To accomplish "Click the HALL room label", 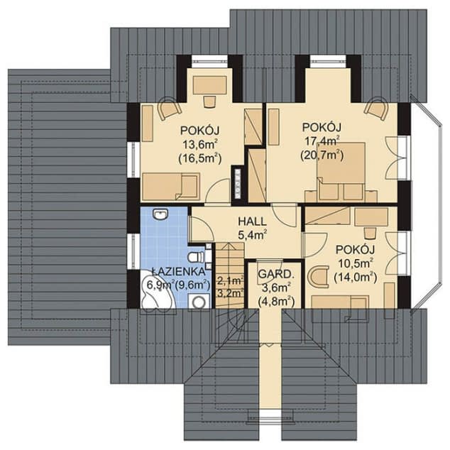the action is tap(252, 221).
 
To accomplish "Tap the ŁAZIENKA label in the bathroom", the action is tap(178, 271).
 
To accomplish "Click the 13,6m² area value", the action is tap(199, 144).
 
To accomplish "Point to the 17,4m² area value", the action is tap(322, 141).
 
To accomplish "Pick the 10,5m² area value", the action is tap(356, 263).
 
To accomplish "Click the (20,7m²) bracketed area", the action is tap(322, 155).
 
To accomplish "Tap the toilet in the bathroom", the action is tap(196, 257).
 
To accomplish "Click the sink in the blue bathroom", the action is tap(160, 214).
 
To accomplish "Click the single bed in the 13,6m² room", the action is tap(171, 186).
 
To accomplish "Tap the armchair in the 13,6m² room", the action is tap(170, 109).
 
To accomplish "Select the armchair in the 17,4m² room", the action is tap(376, 109).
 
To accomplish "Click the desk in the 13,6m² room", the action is tap(210, 85).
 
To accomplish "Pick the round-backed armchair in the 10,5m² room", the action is tap(318, 277).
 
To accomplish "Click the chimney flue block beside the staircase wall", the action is tap(238, 183).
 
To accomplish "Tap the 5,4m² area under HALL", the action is tap(253, 236).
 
